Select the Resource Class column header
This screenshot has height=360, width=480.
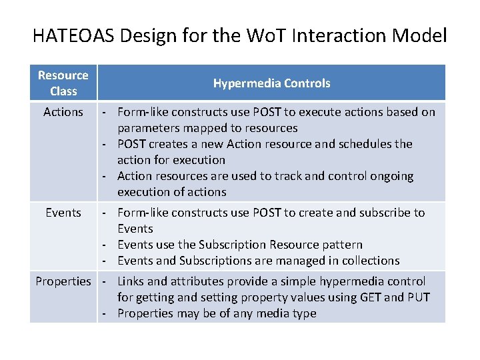pyautogui.click(x=63, y=83)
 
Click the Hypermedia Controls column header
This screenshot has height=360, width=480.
pyautogui.click(x=271, y=83)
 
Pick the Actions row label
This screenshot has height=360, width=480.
pyautogui.click(x=63, y=112)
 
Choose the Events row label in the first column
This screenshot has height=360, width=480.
pyautogui.click(x=63, y=213)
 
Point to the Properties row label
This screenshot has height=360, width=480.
pyautogui.click(x=63, y=281)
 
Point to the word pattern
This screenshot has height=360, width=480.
pyautogui.click(x=341, y=245)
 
